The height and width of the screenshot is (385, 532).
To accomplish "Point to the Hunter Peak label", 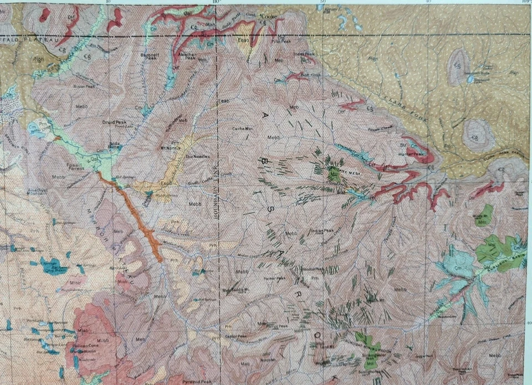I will [x=415, y=148].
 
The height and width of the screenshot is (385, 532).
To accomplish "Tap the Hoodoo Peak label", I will [x=313, y=270].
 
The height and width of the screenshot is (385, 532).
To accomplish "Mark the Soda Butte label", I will [x=115, y=146].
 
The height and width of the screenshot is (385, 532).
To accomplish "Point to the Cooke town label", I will [x=271, y=17].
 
